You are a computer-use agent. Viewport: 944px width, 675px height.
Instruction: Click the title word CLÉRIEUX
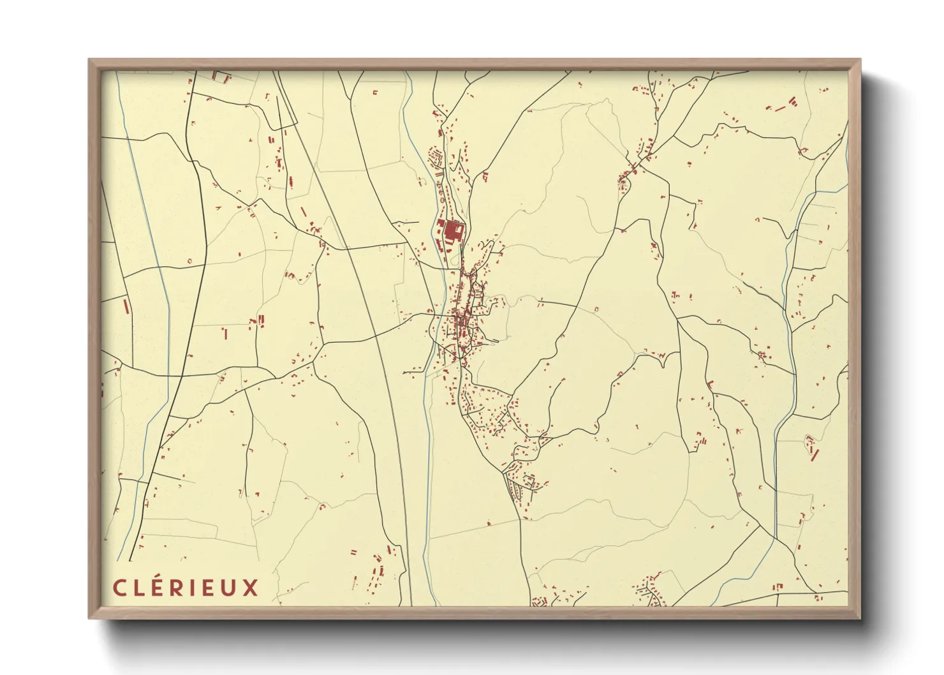(x=186, y=587)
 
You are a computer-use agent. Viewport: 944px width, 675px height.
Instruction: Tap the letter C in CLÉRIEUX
(x=119, y=588)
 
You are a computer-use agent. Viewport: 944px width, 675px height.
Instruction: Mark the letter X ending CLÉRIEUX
(x=251, y=588)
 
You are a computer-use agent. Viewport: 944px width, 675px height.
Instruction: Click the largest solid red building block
(x=453, y=231)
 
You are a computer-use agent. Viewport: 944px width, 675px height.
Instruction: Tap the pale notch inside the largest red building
(x=459, y=226)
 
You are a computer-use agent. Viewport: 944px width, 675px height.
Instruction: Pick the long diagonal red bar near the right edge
(x=814, y=454)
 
